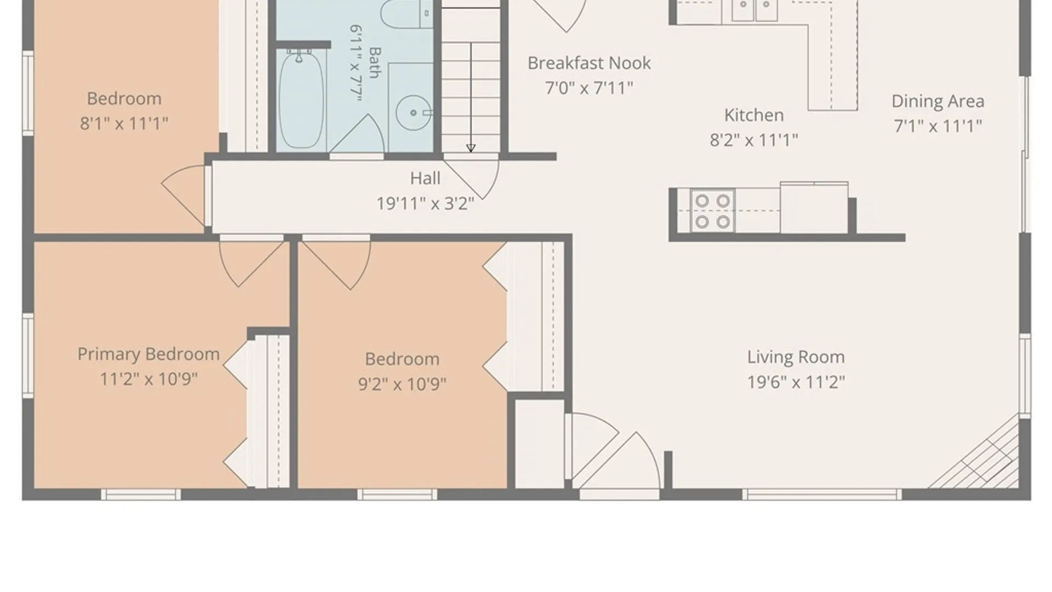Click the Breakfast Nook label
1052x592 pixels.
589,63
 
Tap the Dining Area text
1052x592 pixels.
937,101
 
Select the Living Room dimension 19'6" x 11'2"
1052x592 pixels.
796,382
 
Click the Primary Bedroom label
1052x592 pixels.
148,354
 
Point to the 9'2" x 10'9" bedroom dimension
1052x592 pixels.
402,384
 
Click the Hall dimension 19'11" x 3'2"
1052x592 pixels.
425,203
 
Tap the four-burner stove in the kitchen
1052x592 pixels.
712,211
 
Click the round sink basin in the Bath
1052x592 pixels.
413,113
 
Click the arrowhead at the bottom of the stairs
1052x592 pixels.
471,148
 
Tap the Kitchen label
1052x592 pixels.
754,115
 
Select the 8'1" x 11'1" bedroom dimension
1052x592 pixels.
124,123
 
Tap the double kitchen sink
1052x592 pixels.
756,10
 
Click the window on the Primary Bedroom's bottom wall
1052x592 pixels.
141,494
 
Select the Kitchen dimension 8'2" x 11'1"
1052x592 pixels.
754,140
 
